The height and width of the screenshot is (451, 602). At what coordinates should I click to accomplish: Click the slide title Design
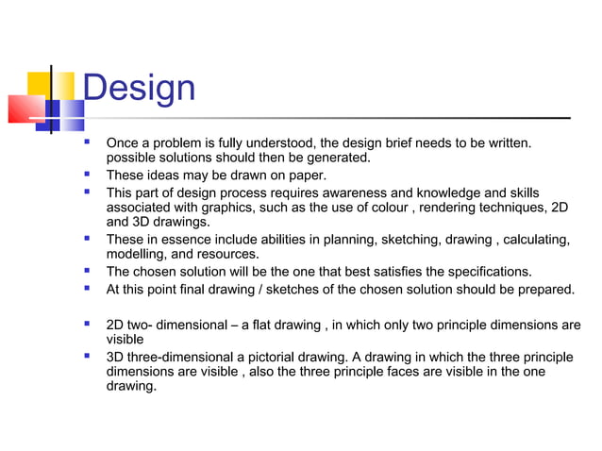tap(139, 89)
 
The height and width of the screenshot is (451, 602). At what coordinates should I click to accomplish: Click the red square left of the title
tap(21, 109)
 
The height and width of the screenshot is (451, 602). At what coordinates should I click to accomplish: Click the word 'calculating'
tap(535, 240)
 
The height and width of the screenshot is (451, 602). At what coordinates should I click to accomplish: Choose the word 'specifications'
tap(487, 272)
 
